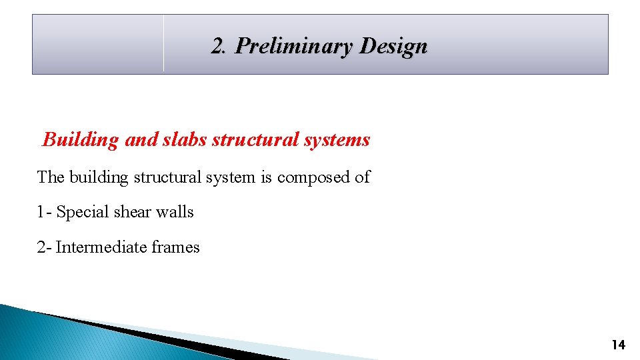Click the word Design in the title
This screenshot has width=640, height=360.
[393, 47]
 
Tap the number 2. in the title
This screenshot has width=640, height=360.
[220, 47]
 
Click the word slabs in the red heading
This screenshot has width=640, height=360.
[184, 139]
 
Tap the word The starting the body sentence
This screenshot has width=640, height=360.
[51, 177]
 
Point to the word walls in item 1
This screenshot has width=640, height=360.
[175, 212]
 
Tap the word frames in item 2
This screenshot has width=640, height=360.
[175, 247]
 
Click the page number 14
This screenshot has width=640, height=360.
[618, 345]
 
